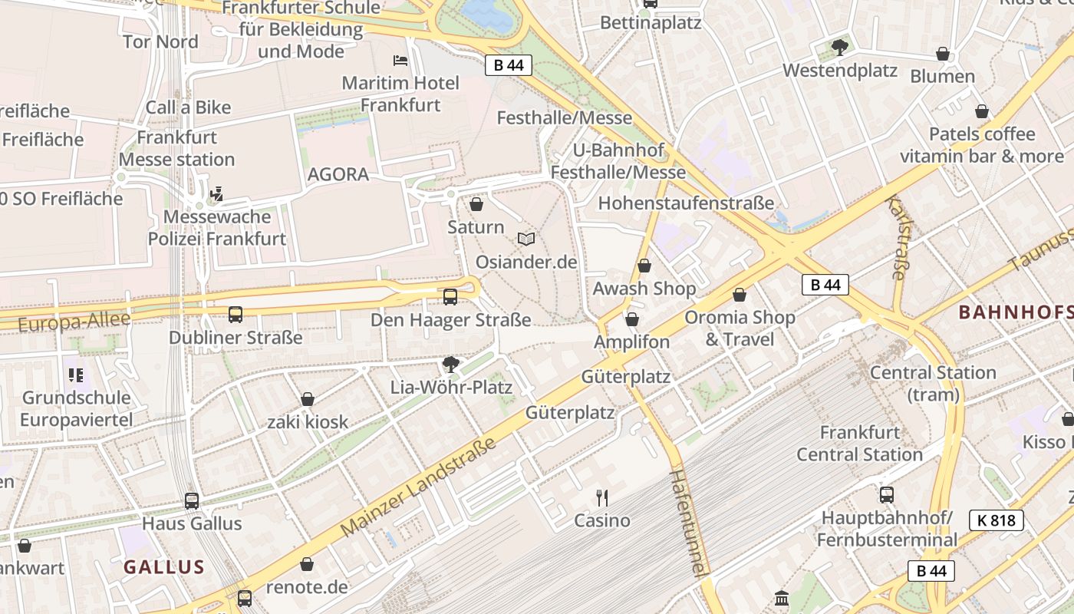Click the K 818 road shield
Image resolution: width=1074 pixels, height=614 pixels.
coord(997,520)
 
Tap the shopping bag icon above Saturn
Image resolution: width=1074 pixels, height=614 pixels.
coord(476,204)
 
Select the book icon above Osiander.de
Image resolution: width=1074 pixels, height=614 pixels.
coord(525,239)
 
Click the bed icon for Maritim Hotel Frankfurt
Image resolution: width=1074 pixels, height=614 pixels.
coord(400,60)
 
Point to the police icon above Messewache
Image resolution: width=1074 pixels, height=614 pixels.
coord(217,193)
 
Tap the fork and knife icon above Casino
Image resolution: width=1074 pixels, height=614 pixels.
coord(602,498)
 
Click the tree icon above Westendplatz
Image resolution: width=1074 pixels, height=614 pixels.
coord(840,48)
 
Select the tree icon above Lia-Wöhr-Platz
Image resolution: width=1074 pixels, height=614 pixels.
coord(450,364)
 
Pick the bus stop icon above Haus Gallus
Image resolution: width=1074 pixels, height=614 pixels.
coord(192,501)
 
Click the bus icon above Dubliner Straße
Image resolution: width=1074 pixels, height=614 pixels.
coord(236,315)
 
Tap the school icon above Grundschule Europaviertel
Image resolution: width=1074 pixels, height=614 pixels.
coord(76,375)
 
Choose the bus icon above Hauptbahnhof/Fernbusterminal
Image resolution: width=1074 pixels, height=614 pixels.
coord(887,495)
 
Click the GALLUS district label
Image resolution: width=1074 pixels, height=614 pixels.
coord(164,567)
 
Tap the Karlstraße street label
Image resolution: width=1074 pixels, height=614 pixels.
coord(897,237)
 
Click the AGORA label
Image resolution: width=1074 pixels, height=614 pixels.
coord(338,174)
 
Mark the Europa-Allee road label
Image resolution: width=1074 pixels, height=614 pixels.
coord(74,322)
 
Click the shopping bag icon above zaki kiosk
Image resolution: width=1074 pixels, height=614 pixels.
coord(308,399)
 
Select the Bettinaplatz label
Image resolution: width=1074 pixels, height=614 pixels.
coord(651,22)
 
